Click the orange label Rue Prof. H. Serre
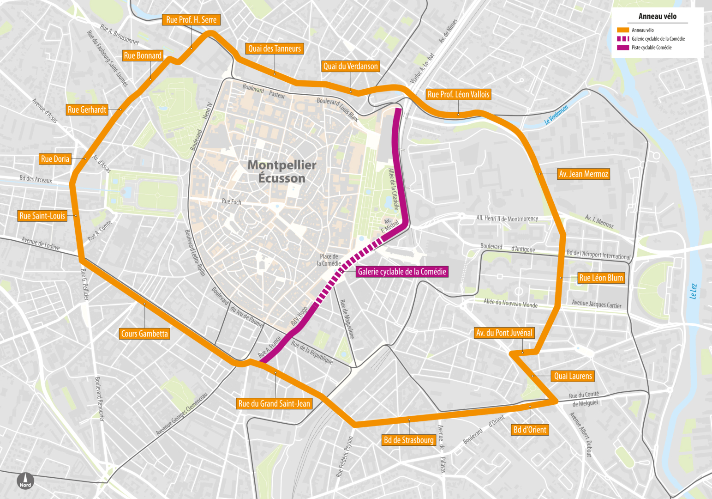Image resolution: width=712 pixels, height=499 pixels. click(191, 20)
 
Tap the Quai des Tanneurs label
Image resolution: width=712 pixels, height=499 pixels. click(275, 49)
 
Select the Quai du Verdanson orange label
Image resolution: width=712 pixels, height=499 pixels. click(350, 67)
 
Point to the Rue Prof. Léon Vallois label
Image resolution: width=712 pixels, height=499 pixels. click(458, 94)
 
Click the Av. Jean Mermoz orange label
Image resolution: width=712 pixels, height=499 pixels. click(583, 174)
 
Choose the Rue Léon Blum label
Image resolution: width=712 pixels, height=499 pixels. click(601, 278)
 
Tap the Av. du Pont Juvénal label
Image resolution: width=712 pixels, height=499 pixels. click(504, 333)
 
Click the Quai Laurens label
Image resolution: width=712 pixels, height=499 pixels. click(573, 376)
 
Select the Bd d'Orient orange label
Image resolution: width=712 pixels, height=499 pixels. click(530, 430)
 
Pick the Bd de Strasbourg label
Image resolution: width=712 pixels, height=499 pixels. click(409, 440)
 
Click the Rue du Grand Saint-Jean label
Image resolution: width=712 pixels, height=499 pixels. click(274, 403)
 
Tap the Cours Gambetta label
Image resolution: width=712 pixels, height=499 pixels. click(144, 334)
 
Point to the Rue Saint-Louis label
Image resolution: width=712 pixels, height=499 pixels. click(42, 216)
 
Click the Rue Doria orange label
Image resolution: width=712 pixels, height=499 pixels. click(55, 159)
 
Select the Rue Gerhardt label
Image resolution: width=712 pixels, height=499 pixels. click(87, 110)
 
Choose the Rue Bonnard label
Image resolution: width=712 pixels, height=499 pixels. click(143, 55)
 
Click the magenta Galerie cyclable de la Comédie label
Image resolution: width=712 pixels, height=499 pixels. click(402, 272)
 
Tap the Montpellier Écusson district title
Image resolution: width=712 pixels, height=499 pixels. click(282, 171)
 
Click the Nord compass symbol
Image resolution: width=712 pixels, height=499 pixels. click(25, 481)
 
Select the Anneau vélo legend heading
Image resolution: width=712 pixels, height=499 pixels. click(657, 16)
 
